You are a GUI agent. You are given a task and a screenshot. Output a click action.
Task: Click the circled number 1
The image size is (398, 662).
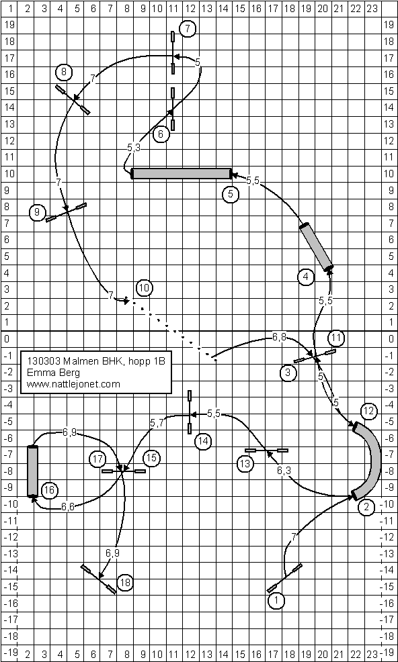276,600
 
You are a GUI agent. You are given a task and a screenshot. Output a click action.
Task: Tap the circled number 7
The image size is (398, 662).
187,29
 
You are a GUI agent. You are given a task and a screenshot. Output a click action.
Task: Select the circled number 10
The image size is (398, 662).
145,288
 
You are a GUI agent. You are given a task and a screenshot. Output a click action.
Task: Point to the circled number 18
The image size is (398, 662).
125,583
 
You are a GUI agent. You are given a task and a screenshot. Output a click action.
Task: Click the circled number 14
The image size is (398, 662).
203,441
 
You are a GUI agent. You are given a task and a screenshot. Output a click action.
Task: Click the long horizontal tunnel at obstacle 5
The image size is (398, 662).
182,173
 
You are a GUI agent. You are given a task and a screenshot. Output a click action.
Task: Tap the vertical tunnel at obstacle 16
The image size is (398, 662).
32,471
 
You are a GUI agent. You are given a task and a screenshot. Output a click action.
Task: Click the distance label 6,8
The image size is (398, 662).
279,337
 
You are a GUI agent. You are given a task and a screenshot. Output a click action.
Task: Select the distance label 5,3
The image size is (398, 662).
134,148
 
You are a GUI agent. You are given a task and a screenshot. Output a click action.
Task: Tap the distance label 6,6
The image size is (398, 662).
68,507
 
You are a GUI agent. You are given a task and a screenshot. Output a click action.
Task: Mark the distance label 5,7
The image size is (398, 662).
157,422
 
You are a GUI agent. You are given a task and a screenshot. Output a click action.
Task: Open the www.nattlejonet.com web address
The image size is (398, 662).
73,384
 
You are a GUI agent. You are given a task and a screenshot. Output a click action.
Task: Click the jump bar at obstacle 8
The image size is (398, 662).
73,99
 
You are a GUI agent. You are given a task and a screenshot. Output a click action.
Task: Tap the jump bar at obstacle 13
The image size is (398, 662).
266,451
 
